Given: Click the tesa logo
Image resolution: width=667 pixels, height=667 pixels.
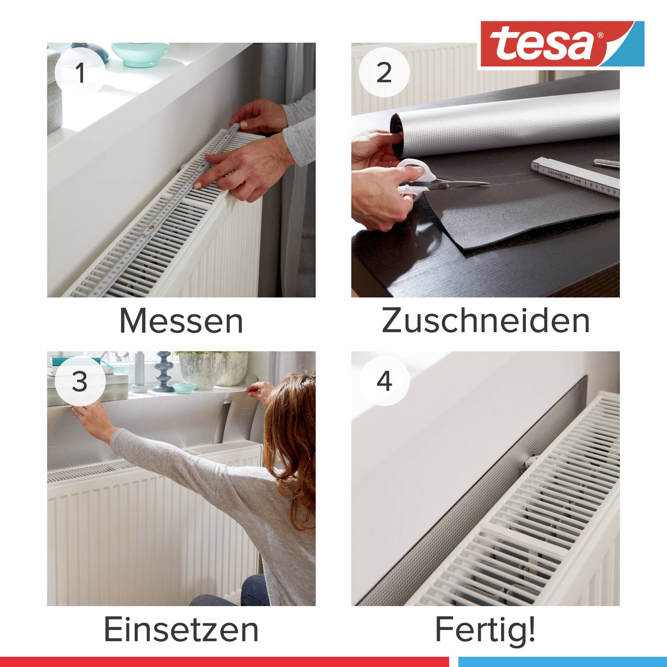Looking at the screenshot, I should (x=561, y=44).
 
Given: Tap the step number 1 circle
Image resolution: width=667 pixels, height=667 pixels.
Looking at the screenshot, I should (x=80, y=72).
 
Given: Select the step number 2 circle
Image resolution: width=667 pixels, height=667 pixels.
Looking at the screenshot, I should (x=384, y=72).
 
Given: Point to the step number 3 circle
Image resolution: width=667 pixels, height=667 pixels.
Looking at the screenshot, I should (x=80, y=381).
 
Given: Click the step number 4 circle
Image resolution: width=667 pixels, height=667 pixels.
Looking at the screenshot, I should (x=384, y=381).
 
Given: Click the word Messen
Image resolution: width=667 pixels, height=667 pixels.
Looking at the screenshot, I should (x=181, y=321).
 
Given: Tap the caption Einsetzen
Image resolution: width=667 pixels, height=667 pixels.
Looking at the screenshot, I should (x=181, y=630).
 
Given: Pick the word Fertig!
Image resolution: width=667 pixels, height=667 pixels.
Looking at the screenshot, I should (x=486, y=630).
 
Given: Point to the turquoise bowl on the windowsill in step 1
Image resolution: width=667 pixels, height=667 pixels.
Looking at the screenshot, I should (x=140, y=54).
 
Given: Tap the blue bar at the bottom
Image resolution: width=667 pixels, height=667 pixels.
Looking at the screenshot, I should (x=563, y=662).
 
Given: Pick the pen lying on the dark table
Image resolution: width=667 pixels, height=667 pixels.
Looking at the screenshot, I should (x=607, y=163).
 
